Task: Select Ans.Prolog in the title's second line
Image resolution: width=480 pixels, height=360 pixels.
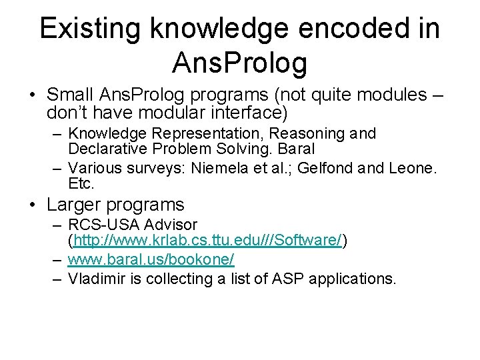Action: [x=239, y=63]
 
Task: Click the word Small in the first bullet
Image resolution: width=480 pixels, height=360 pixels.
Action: [x=70, y=94]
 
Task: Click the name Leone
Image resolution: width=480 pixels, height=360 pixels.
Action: [x=411, y=167]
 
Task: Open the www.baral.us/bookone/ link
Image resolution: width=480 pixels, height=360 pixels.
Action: [x=151, y=259]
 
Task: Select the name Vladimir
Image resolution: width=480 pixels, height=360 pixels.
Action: [x=97, y=278]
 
